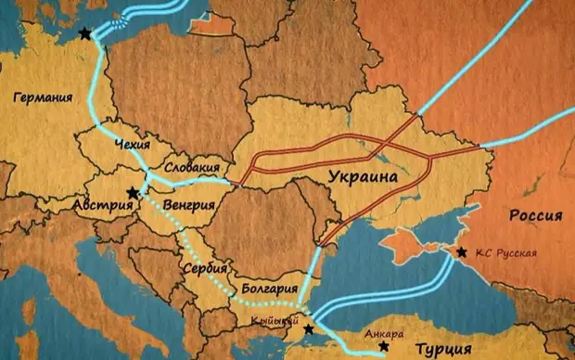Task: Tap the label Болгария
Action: [x=269, y=288]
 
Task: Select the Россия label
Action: [x=535, y=215]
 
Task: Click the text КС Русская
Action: [x=505, y=252]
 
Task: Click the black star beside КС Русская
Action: [x=461, y=252]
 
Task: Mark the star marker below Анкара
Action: [x=384, y=346]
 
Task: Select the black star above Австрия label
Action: [x=134, y=193]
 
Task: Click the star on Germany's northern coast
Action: [x=85, y=33]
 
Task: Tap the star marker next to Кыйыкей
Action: [x=308, y=328]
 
